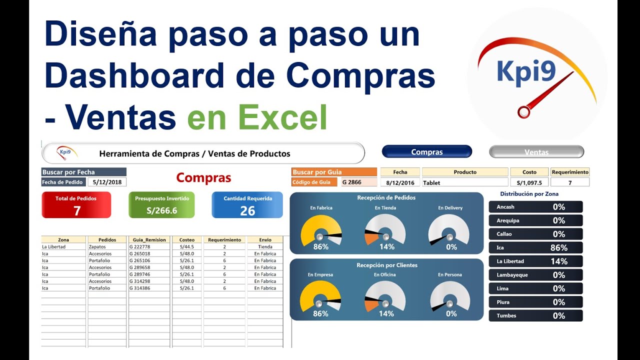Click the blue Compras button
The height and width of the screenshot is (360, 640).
pyautogui.click(x=426, y=151)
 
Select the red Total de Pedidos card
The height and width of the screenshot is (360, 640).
pyautogui.click(x=76, y=205)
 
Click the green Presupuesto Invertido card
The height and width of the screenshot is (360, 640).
pyautogui.click(x=161, y=205)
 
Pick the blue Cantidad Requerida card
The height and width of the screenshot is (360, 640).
pyautogui.click(x=247, y=205)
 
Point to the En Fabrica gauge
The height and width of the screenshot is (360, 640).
pyautogui.click(x=321, y=231)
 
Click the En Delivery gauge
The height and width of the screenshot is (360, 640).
pyautogui.click(x=449, y=231)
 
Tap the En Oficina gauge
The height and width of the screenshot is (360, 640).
pyautogui.click(x=385, y=298)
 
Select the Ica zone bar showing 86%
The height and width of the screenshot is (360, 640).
pyautogui.click(x=535, y=247)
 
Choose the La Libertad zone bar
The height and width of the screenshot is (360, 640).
pyautogui.click(x=535, y=261)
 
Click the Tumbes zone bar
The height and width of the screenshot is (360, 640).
pyautogui.click(x=535, y=315)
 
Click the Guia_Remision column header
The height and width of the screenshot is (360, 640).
pyautogui.click(x=149, y=239)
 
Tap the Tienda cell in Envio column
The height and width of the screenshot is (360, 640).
pyautogui.click(x=265, y=246)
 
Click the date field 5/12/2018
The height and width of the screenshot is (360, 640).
pyautogui.click(x=107, y=182)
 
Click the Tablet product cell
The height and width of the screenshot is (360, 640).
pyautogui.click(x=465, y=182)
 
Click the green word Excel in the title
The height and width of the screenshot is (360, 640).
pyautogui.click(x=282, y=117)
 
